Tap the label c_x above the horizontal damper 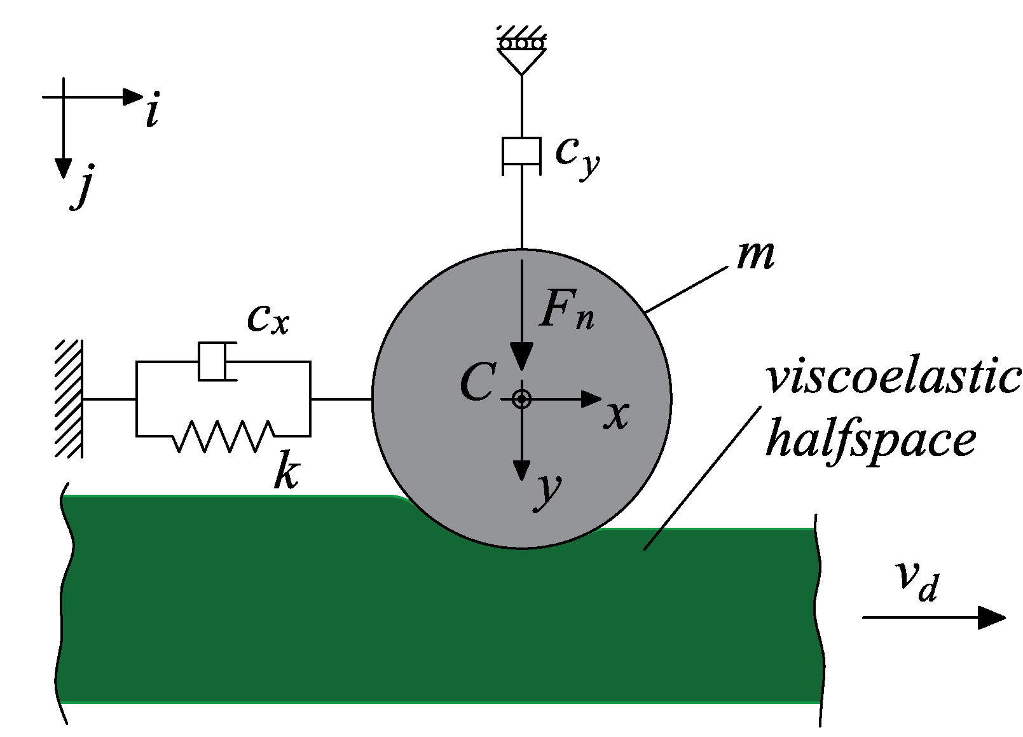pyautogui.click(x=268, y=318)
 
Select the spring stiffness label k pyautogui.click(x=286, y=472)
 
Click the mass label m pyautogui.click(x=755, y=256)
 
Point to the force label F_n pyautogui.click(x=566, y=310)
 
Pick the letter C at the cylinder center pyautogui.click(x=477, y=382)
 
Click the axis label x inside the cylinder pyautogui.click(x=615, y=416)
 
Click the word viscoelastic pyautogui.click(x=893, y=378)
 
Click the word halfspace pyautogui.click(x=870, y=441)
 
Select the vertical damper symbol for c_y pyautogui.click(x=521, y=155)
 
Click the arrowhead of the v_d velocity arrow pyautogui.click(x=992, y=617)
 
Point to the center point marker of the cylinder pyautogui.click(x=521, y=399)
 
